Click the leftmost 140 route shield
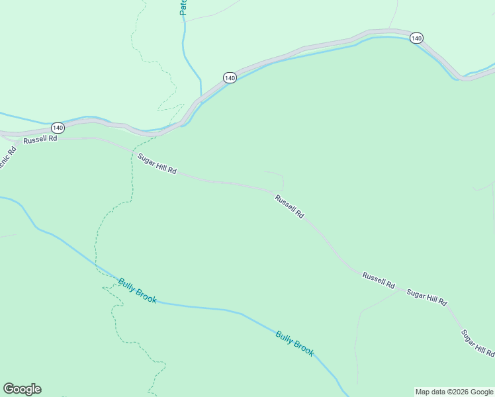point(58,127)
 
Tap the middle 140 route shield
point(230,78)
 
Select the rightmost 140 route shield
point(416,38)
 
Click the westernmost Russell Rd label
point(40,140)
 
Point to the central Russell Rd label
point(289,206)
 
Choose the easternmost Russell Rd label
point(379,281)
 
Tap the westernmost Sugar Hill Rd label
point(157,163)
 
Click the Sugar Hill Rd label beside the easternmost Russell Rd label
point(427,297)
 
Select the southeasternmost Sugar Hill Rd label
point(477,343)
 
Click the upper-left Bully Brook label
point(138,290)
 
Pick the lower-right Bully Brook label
point(294,343)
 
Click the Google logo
point(22,389)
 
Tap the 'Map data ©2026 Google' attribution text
point(454,392)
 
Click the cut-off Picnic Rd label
point(6,155)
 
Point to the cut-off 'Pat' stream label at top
point(184,7)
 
